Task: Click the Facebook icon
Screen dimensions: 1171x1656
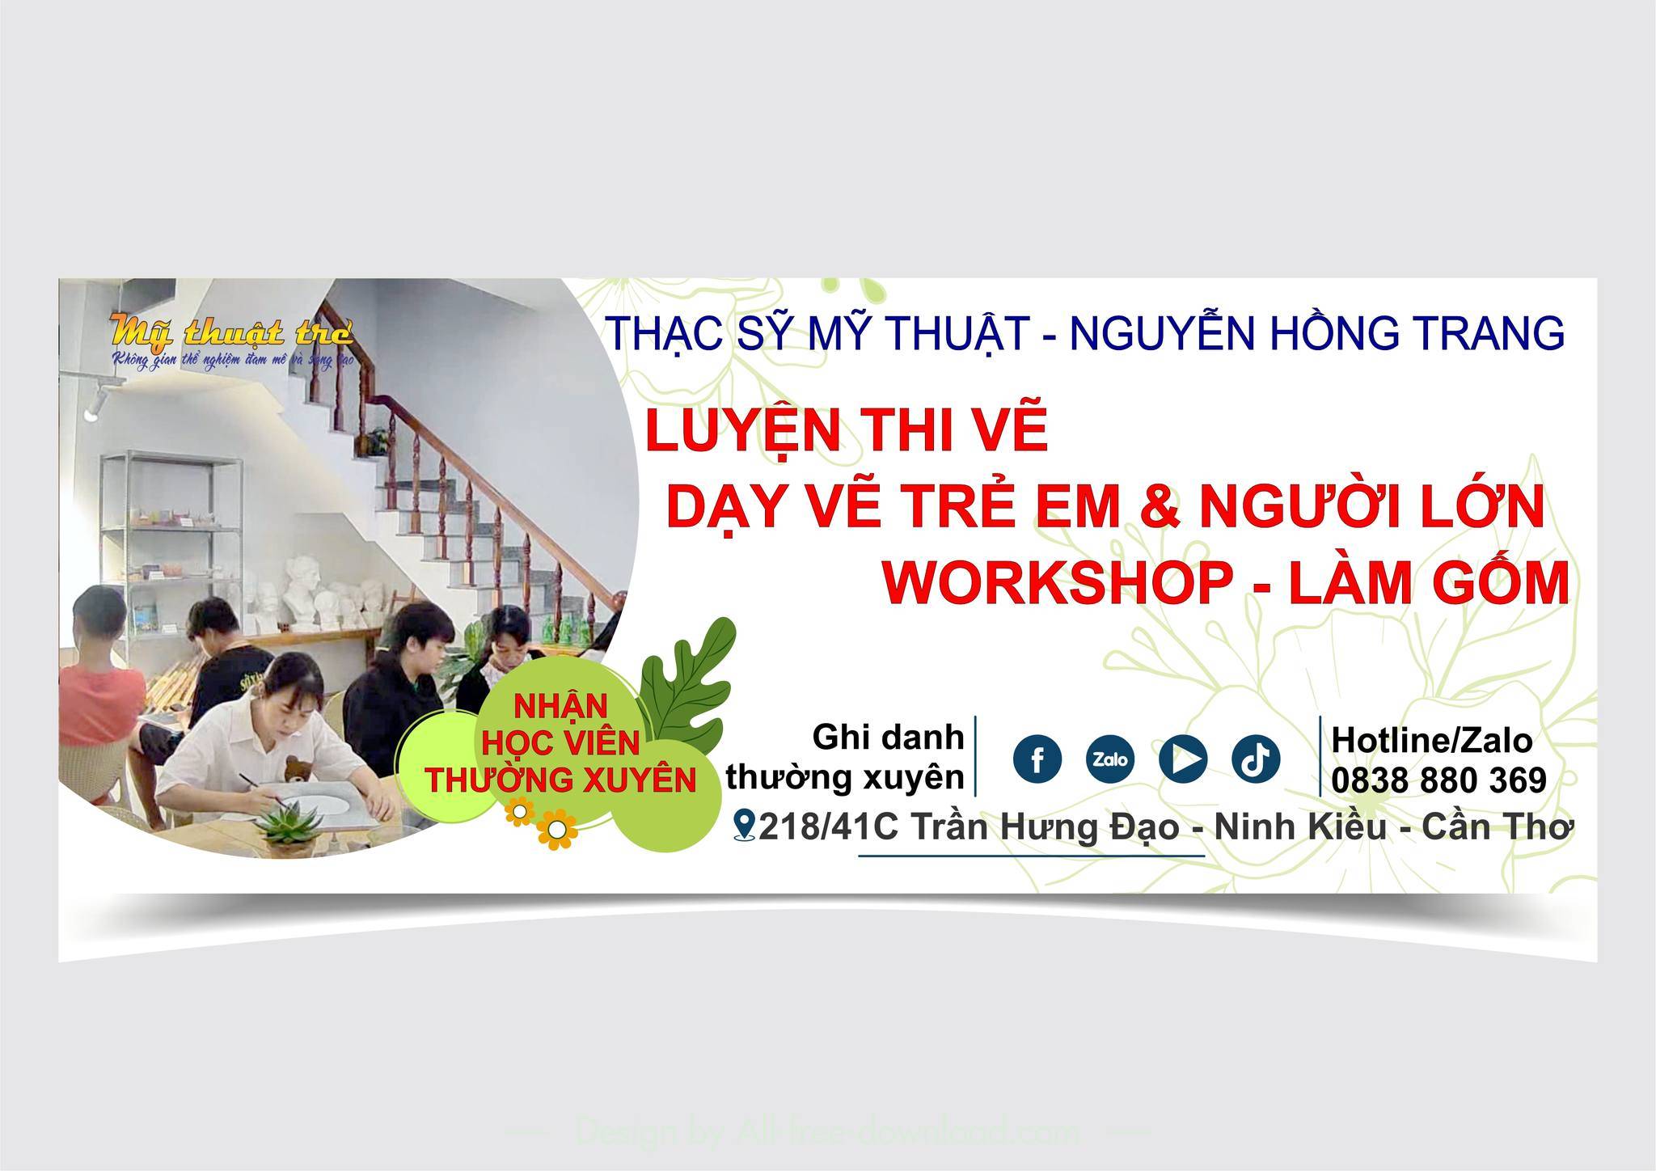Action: click(x=1037, y=759)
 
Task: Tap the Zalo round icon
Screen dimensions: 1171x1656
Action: click(x=1109, y=759)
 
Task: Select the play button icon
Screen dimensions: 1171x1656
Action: click(x=1182, y=759)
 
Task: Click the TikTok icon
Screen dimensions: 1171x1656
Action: click(x=1255, y=759)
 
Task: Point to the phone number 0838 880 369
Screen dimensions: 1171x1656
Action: click(x=1438, y=780)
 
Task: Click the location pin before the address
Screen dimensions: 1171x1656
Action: click(x=744, y=826)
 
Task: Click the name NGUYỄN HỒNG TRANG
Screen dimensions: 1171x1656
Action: click(x=1316, y=333)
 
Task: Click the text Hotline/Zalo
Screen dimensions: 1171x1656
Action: click(x=1431, y=740)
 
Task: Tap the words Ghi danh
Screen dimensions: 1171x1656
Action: click(x=888, y=737)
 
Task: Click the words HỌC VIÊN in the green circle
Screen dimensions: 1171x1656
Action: click(x=561, y=743)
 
